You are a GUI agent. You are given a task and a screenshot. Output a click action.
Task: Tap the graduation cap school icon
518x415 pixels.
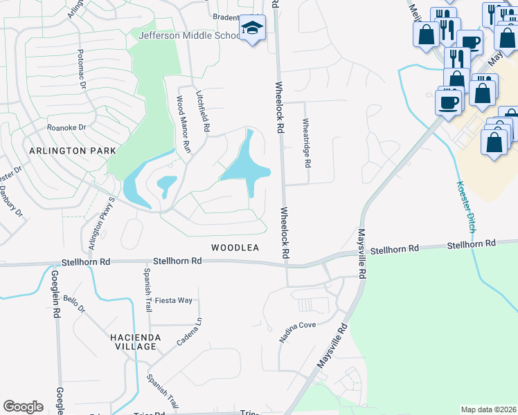tap(251, 29)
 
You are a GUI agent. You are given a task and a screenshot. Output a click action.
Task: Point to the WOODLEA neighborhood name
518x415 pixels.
tap(235, 248)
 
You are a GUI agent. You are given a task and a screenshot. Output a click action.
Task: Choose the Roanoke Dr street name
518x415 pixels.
tap(66, 127)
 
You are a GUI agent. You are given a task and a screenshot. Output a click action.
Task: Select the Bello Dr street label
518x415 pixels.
tap(73, 303)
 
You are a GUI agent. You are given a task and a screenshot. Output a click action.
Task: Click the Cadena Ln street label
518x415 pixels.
tap(188, 333)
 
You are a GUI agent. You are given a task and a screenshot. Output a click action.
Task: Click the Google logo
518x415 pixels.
tap(23, 407)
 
